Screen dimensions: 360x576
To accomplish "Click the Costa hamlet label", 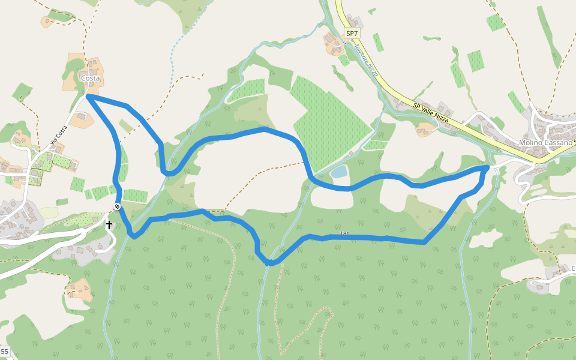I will [x=90, y=78].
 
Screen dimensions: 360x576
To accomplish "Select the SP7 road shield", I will [x=352, y=33].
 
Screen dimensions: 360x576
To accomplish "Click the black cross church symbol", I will [x=109, y=225].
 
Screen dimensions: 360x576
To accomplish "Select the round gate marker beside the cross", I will [x=117, y=206].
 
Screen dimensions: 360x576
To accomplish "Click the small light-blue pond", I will [x=339, y=172].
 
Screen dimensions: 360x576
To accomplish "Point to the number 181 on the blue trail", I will [x=344, y=233].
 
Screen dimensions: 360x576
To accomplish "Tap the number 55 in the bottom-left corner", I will [x=4, y=351].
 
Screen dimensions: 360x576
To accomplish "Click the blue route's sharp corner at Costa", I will [x=88, y=95].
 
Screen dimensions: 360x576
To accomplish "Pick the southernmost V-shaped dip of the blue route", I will [x=270, y=263].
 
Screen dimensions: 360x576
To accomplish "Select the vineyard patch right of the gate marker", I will [x=136, y=196].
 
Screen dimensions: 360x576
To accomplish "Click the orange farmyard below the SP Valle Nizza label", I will [x=427, y=129].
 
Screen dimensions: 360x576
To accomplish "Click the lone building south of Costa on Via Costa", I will [x=81, y=118].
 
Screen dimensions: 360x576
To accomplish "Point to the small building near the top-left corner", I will [x=47, y=22].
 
